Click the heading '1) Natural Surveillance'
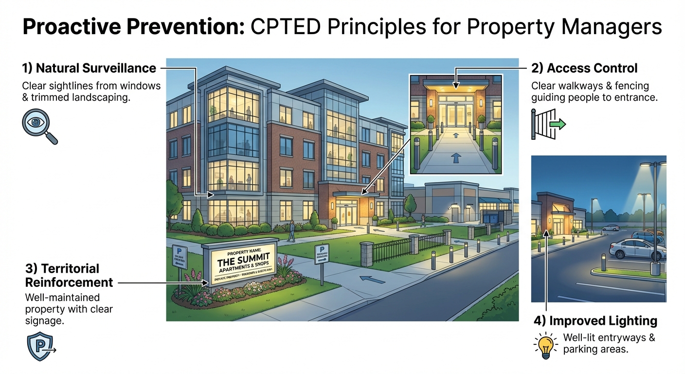[x=89, y=68]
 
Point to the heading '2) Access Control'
[x=584, y=68]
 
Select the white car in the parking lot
[x=631, y=249]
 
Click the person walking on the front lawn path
[x=291, y=231]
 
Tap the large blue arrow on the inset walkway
[x=455, y=157]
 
